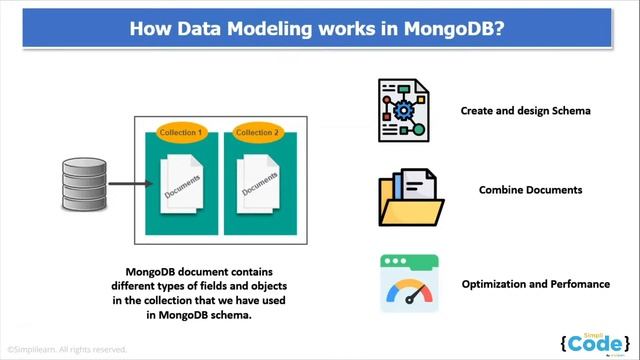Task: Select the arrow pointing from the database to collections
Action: (x=128, y=184)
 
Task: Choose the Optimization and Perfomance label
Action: (x=535, y=284)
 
